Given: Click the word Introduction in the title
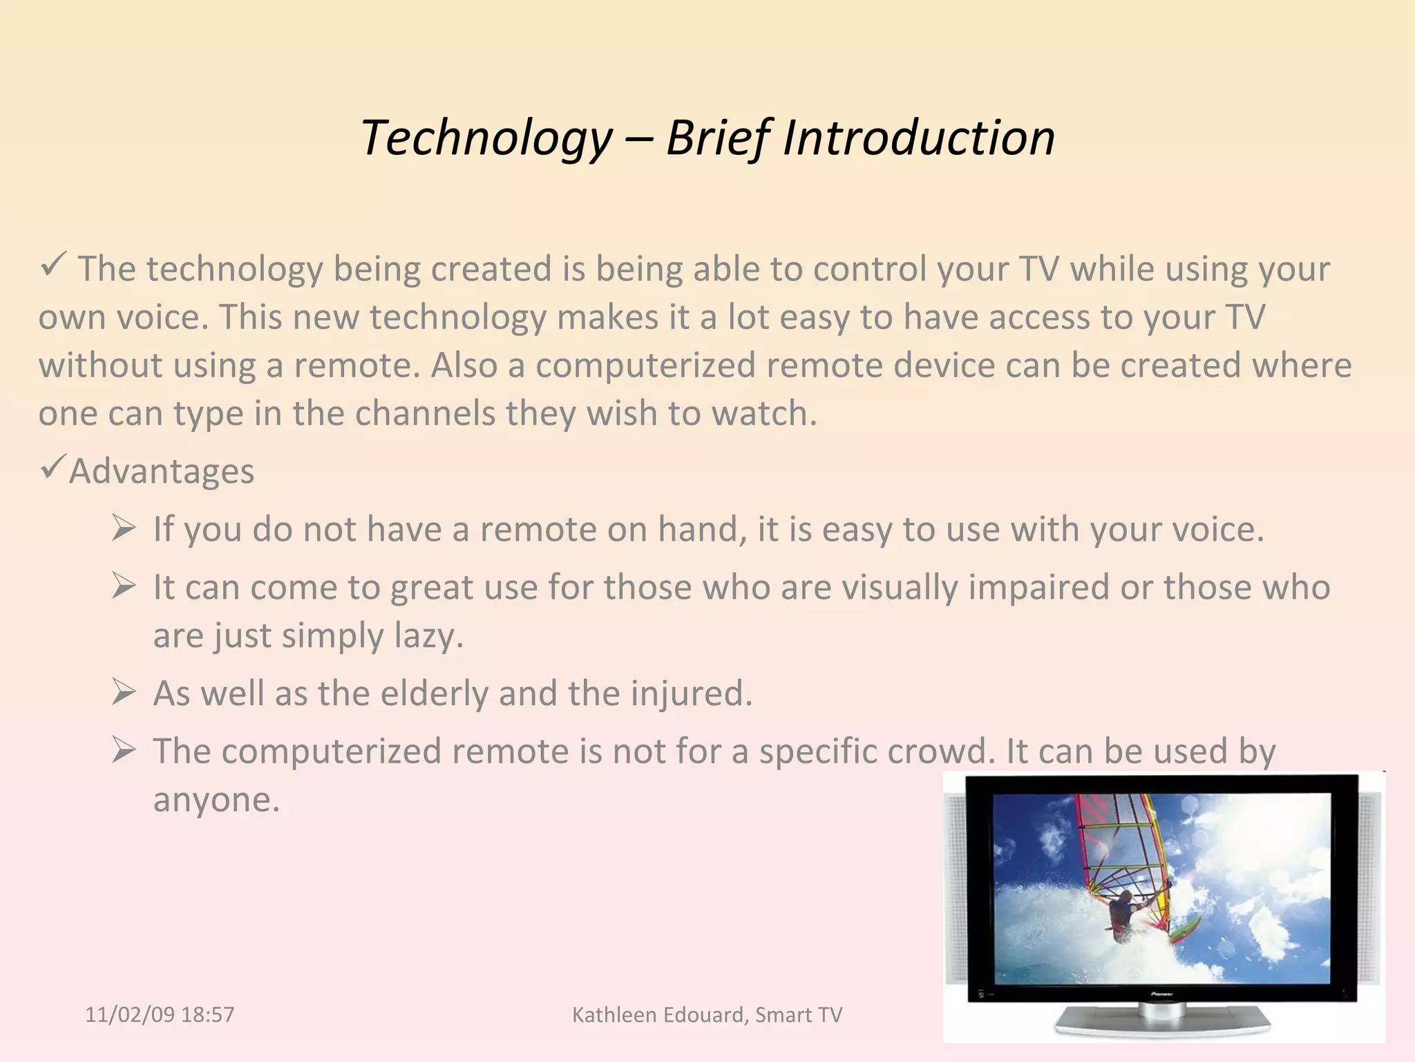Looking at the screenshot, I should pyautogui.click(x=918, y=138).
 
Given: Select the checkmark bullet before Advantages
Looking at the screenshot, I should pyautogui.click(x=53, y=468).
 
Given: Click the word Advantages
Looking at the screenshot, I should pyautogui.click(x=162, y=472).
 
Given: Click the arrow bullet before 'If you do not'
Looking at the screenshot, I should pyautogui.click(x=123, y=530).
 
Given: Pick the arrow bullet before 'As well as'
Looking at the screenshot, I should pyautogui.click(x=123, y=693).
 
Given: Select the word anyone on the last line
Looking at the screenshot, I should pyautogui.click(x=216, y=800).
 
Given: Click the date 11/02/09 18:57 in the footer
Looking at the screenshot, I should pyautogui.click(x=160, y=1015).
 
